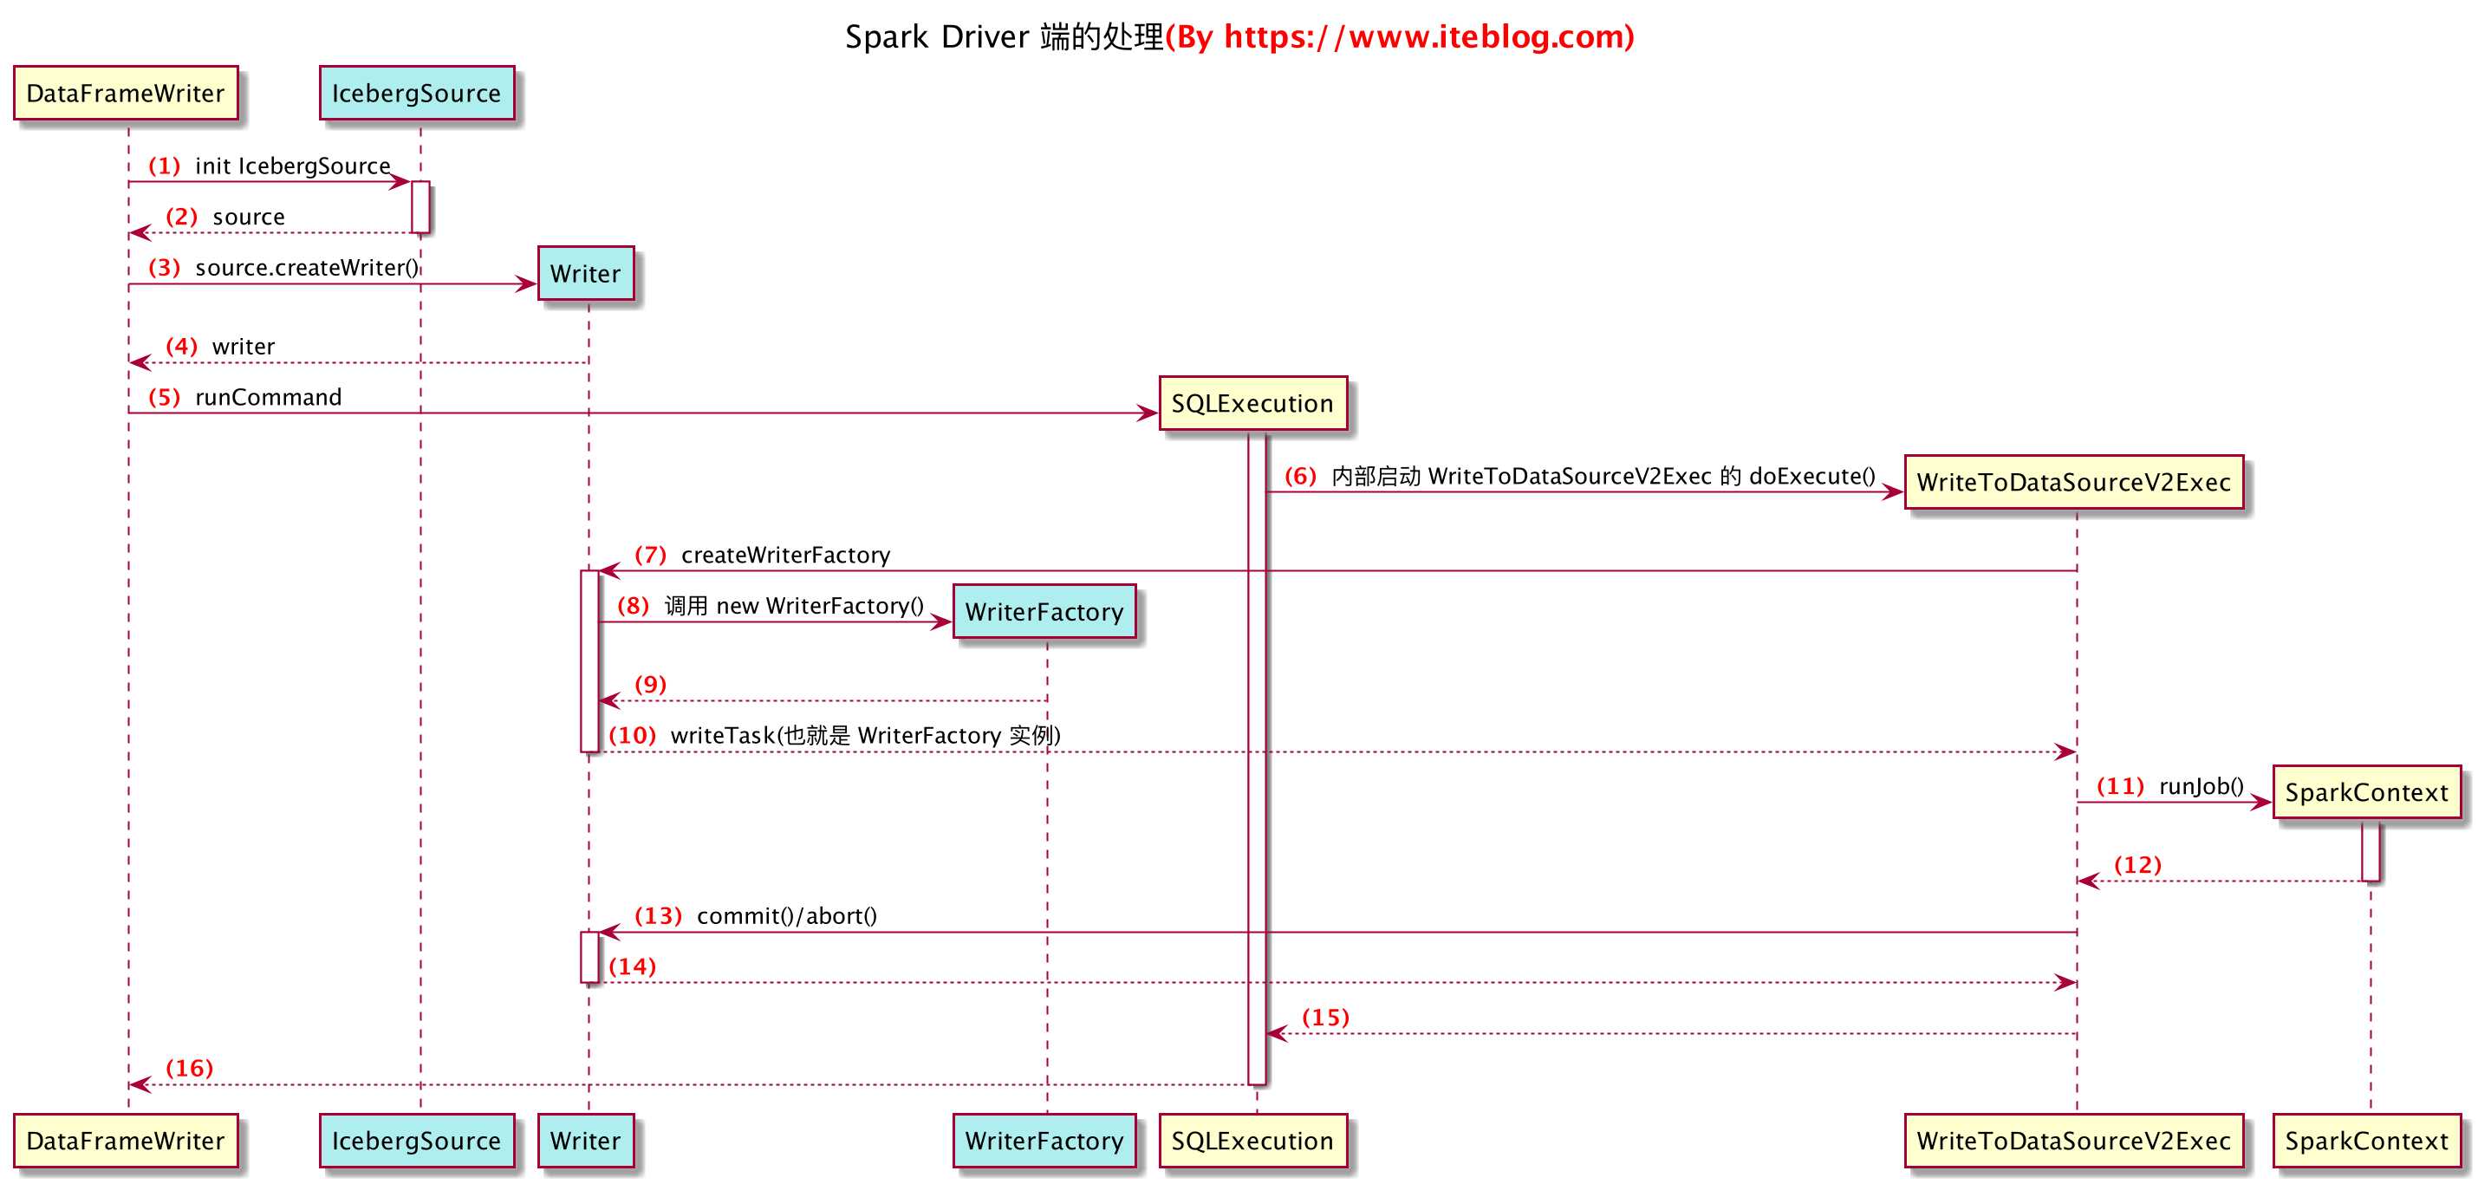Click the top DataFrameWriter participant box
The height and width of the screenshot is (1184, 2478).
coord(125,94)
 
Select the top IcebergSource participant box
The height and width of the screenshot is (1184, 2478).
coord(417,94)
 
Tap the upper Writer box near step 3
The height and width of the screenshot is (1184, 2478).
coord(585,273)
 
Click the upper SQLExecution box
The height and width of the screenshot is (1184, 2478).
coord(1252,403)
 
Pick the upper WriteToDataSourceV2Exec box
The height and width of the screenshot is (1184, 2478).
coord(2073,482)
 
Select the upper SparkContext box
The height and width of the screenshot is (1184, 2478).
coord(2365,792)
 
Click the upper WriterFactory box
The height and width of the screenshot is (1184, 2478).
coord(1044,612)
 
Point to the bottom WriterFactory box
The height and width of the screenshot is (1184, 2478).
coord(1044,1141)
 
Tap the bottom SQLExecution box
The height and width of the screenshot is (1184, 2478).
coord(1252,1141)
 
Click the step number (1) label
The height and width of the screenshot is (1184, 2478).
coord(165,166)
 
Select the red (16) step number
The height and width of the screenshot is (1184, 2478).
coord(190,1068)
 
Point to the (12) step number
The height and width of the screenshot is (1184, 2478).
coord(2137,865)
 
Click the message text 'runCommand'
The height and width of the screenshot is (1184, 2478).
coord(269,397)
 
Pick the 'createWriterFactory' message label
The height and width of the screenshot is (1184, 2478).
coord(785,555)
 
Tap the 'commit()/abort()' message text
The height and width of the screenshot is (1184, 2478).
coord(786,915)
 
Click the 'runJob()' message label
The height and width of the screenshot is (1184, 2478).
coord(2201,786)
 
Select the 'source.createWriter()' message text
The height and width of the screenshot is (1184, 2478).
coord(307,267)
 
